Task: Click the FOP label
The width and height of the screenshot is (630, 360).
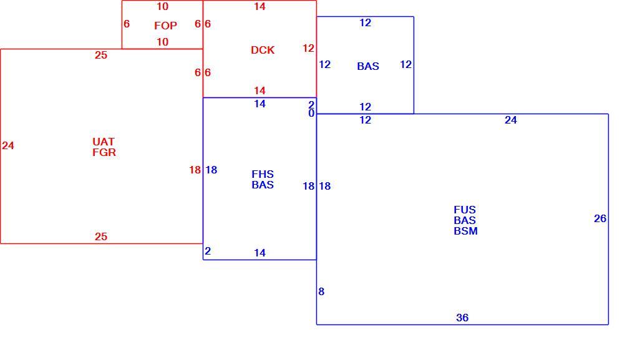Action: point(165,26)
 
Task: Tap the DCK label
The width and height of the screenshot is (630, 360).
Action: point(263,50)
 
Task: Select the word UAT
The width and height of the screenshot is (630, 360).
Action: point(104,142)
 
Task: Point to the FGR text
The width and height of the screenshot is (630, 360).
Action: point(104,153)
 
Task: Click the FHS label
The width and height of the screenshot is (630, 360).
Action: point(263,174)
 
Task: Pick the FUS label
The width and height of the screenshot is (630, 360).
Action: point(465,210)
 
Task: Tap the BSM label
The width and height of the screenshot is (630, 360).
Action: point(466,231)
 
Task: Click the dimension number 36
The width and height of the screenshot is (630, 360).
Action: point(462,318)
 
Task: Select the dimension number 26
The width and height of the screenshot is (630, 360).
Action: point(600,218)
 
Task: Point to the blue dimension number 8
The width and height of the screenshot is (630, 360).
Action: point(321,292)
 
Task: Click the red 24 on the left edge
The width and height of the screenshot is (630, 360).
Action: point(8,145)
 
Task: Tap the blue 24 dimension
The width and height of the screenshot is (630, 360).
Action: point(511,120)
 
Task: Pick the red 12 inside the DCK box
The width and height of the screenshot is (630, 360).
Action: point(309,48)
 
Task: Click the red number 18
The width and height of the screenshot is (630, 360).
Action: point(195,170)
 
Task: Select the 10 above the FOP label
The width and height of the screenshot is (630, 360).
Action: point(163,6)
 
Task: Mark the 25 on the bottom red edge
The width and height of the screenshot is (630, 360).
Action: point(101,236)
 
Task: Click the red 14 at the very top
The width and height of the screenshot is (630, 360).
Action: point(260,6)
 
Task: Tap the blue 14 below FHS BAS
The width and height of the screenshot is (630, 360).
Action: point(260,253)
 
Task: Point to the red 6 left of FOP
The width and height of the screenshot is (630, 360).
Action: point(127,24)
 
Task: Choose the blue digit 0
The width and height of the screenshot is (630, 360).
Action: point(311,114)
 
